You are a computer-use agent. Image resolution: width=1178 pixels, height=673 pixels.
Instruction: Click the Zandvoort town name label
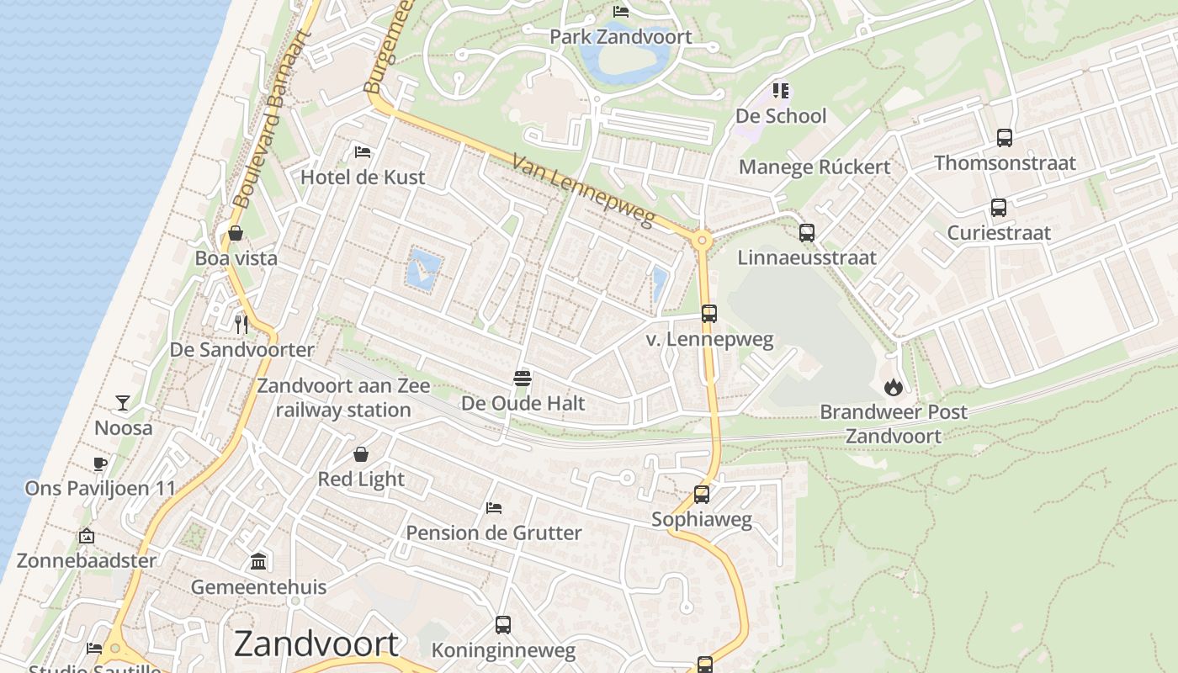point(316,644)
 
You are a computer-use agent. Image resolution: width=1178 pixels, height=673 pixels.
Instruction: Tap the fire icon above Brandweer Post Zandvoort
point(893,387)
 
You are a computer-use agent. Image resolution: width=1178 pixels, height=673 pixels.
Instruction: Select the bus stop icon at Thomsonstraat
point(1004,138)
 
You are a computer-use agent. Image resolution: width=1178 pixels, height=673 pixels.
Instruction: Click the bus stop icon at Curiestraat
point(998,208)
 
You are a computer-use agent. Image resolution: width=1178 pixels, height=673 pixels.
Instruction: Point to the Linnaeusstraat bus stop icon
point(806,233)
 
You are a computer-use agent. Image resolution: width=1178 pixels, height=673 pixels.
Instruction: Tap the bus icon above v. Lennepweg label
point(708,314)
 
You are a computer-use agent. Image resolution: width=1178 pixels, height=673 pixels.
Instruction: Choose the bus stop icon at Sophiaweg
point(701,495)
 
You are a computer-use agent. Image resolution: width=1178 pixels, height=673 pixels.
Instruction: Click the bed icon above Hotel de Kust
point(363,152)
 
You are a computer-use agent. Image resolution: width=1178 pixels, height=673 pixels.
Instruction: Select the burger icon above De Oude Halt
point(523,378)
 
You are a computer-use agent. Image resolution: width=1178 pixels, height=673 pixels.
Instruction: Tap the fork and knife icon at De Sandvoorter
point(241,323)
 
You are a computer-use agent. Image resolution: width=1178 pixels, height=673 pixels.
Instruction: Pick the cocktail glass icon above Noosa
point(123,403)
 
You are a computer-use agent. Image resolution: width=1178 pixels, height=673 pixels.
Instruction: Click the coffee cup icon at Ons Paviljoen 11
point(100,464)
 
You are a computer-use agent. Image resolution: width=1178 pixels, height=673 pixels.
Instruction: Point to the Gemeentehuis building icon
point(258,561)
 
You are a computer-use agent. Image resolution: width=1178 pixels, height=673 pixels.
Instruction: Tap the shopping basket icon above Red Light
point(361,454)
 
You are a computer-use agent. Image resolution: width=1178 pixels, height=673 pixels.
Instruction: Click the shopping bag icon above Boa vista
point(236,233)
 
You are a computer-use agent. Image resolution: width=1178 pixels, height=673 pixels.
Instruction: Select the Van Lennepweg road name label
point(582,191)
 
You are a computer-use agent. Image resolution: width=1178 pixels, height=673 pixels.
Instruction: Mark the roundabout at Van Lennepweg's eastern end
point(702,241)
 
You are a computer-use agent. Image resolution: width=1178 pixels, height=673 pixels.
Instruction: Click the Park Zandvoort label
point(620,37)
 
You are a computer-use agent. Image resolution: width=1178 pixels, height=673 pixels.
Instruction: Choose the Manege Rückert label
point(814,167)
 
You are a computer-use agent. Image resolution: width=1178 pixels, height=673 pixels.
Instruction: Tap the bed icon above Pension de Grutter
point(494,507)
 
